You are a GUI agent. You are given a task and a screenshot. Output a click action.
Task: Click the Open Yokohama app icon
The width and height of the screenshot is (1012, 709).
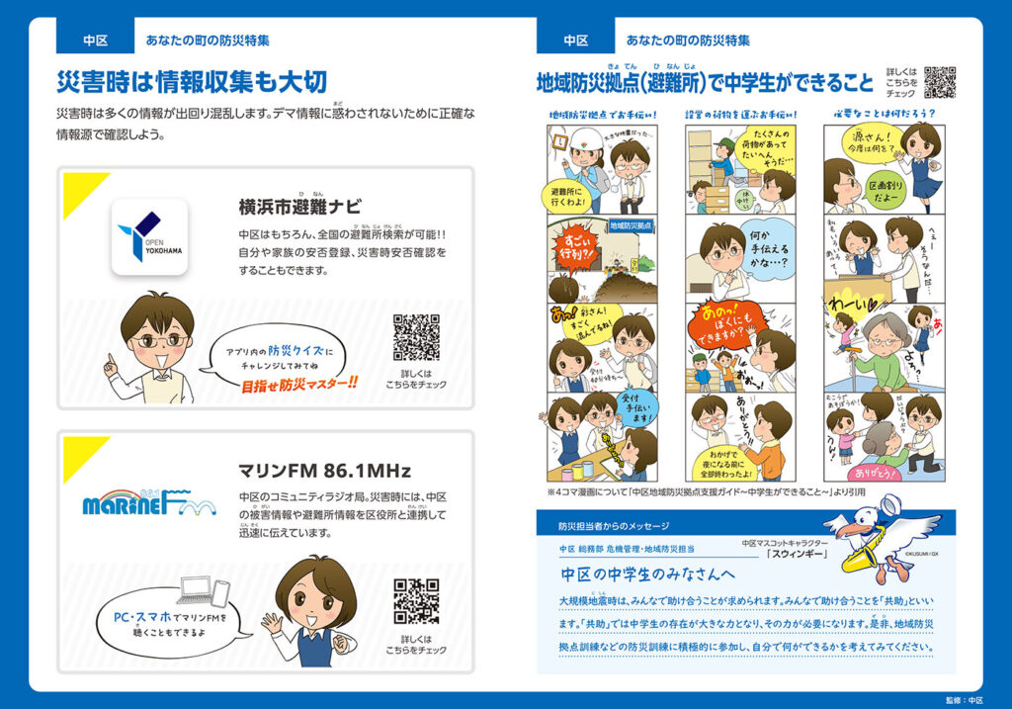(x=149, y=236)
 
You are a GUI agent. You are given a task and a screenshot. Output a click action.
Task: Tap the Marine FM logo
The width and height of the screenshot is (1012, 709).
(x=148, y=501)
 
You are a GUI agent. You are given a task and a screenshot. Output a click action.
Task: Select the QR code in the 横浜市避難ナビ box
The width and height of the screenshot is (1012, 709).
(x=416, y=337)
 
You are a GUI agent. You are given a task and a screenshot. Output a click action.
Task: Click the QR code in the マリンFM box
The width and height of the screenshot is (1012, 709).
(x=416, y=601)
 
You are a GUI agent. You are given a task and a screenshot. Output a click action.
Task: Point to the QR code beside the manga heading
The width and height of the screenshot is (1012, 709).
(x=940, y=82)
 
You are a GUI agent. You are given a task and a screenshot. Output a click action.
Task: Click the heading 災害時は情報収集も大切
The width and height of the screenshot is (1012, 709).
(x=192, y=81)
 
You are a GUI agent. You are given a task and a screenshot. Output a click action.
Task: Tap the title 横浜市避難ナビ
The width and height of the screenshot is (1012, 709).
(x=299, y=208)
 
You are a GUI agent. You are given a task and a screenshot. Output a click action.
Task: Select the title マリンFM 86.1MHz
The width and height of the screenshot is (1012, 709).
(x=324, y=470)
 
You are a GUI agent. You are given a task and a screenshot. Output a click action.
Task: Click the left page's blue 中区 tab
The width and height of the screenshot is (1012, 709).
(x=95, y=41)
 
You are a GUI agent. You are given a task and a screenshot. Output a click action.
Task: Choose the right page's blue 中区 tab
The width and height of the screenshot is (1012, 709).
(x=575, y=41)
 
